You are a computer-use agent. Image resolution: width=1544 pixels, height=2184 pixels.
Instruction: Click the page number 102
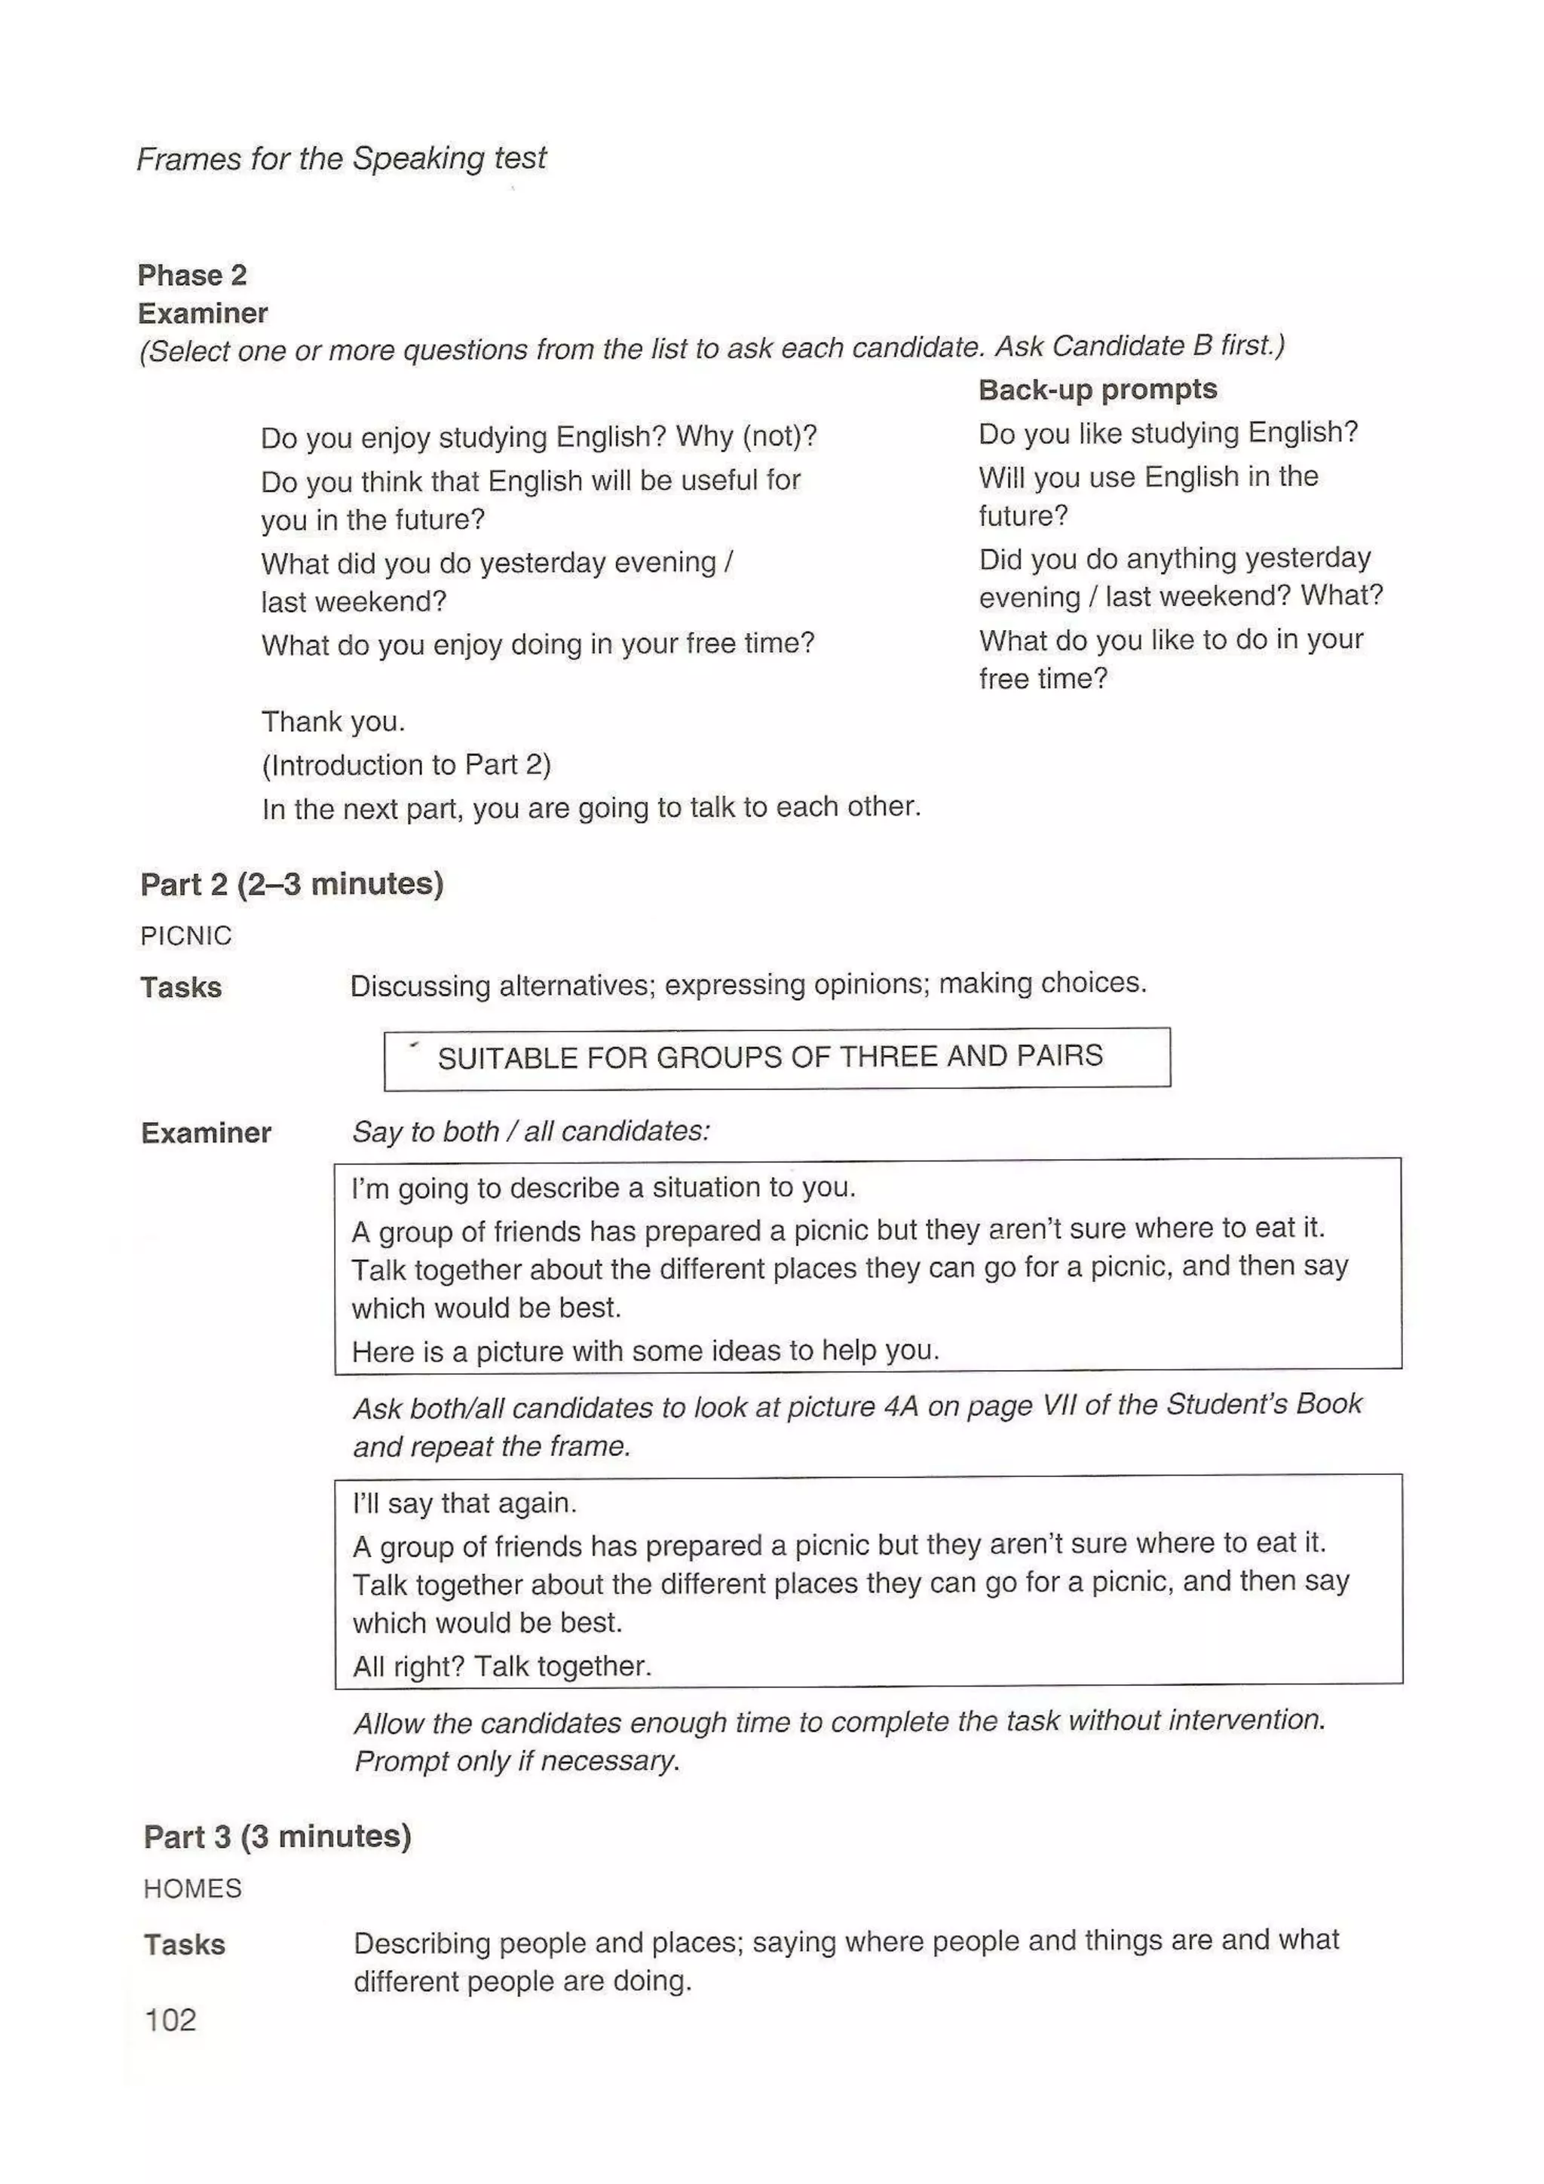pyautogui.click(x=170, y=2020)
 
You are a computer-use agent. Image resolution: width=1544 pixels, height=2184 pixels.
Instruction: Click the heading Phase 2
pyautogui.click(x=192, y=275)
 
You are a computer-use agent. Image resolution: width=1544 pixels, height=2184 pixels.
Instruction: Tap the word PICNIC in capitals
pyautogui.click(x=185, y=936)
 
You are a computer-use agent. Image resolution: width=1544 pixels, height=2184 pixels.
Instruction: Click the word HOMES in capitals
pyautogui.click(x=192, y=1888)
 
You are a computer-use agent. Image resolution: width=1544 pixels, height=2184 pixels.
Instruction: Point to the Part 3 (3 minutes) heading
pyautogui.click(x=277, y=1836)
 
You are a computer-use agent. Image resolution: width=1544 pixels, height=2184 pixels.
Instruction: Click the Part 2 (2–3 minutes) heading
pyautogui.click(x=291, y=884)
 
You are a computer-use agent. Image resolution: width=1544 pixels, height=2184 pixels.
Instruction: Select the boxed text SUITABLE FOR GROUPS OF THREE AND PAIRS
pyautogui.click(x=770, y=1056)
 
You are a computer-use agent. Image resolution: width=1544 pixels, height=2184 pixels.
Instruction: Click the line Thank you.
pyautogui.click(x=333, y=721)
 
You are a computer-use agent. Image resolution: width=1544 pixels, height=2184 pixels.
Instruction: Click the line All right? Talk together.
pyautogui.click(x=501, y=1666)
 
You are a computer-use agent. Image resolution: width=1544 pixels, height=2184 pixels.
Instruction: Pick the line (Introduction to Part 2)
pyautogui.click(x=406, y=765)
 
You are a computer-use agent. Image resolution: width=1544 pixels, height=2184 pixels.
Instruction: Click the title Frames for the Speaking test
pyautogui.click(x=341, y=158)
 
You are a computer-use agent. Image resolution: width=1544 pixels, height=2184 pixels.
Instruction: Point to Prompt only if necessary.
pyautogui.click(x=516, y=1760)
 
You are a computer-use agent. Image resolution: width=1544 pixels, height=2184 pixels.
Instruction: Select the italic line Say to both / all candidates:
pyautogui.click(x=531, y=1131)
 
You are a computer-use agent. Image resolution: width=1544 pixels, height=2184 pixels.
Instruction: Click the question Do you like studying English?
pyautogui.click(x=1167, y=433)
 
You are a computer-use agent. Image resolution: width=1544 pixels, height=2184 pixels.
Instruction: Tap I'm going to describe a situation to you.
pyautogui.click(x=603, y=1187)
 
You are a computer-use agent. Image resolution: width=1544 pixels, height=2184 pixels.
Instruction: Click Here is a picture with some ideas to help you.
pyautogui.click(x=645, y=1350)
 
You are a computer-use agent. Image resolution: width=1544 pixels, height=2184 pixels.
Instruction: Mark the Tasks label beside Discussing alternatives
pyautogui.click(x=181, y=987)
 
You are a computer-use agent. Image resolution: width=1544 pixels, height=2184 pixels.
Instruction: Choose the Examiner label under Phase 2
pyautogui.click(x=203, y=313)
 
